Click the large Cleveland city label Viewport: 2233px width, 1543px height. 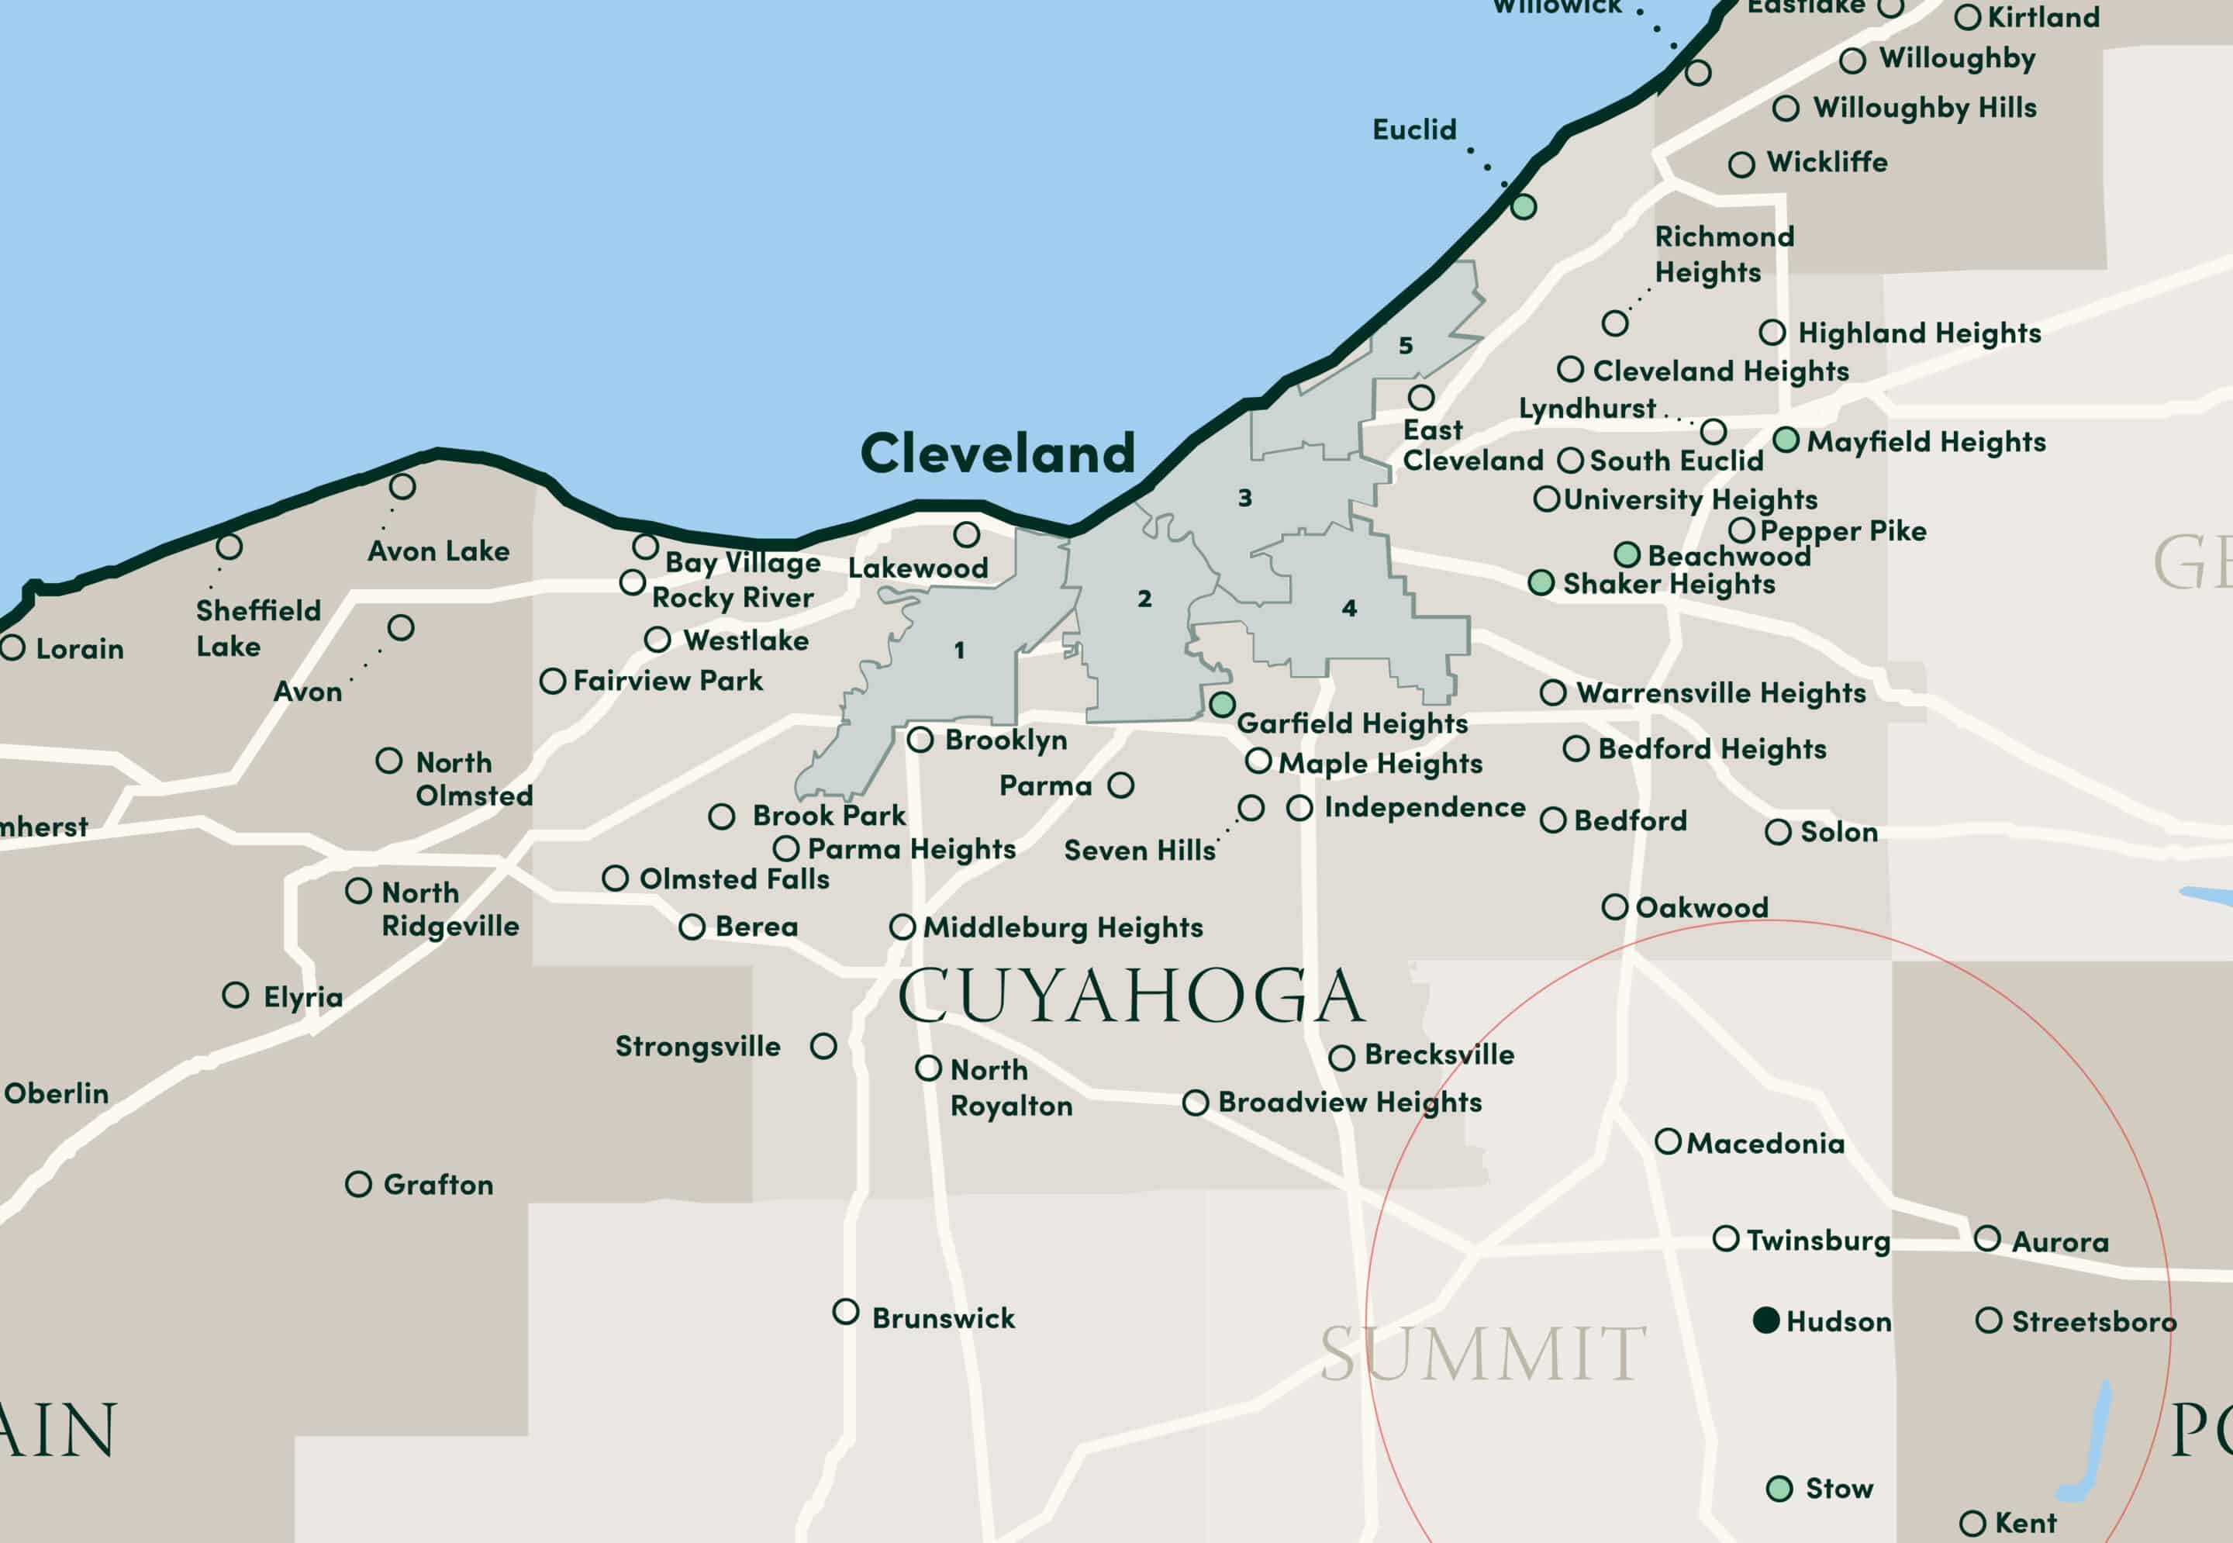pyautogui.click(x=998, y=454)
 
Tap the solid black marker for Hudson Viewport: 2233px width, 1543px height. pyautogui.click(x=1766, y=1320)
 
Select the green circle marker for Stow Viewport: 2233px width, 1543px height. pyautogui.click(x=1779, y=1489)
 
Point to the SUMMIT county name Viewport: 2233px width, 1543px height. pyautogui.click(x=1483, y=1355)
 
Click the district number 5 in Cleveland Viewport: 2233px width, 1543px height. pyautogui.click(x=1406, y=345)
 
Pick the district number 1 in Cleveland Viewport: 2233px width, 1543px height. pyautogui.click(x=959, y=650)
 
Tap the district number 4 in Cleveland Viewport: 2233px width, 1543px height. pyautogui.click(x=1349, y=608)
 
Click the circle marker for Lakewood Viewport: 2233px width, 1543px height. pyautogui.click(x=967, y=535)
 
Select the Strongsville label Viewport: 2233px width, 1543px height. pyautogui.click(x=698, y=1046)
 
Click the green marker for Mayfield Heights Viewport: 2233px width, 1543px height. pyautogui.click(x=1786, y=440)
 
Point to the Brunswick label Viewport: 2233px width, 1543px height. pyautogui.click(x=944, y=1319)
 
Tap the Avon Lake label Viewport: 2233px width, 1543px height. pyautogui.click(x=439, y=551)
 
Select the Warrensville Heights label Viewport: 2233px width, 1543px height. pyautogui.click(x=1720, y=692)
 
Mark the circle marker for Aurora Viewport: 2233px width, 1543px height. pyautogui.click(x=1987, y=1238)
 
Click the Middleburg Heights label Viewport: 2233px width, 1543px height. pyautogui.click(x=1063, y=927)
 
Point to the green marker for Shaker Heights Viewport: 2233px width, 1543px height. pyautogui.click(x=1541, y=583)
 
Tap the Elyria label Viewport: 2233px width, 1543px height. pyautogui.click(x=303, y=997)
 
